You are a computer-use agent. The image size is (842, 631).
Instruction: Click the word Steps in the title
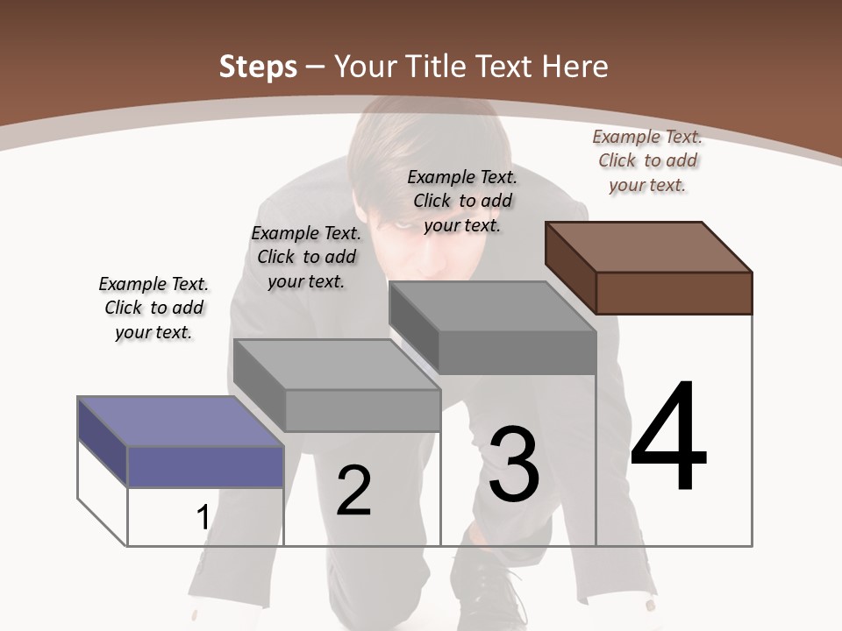(258, 67)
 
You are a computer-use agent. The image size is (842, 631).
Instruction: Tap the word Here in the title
(574, 67)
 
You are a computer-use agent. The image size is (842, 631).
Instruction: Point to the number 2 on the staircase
(354, 491)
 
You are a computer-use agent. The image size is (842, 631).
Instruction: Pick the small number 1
(203, 518)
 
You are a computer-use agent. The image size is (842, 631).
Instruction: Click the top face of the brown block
(649, 246)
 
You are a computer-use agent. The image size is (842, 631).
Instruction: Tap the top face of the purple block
(180, 421)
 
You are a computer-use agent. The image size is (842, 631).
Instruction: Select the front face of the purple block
(205, 466)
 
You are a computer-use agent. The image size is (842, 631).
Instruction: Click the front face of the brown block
(674, 293)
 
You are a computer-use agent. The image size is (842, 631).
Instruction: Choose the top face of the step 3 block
(491, 307)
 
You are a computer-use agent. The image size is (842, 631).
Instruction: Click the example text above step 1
(153, 308)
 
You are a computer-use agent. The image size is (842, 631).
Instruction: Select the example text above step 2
(305, 257)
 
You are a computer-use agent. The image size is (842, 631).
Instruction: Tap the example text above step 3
(462, 201)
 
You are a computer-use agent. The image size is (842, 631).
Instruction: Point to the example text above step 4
(647, 160)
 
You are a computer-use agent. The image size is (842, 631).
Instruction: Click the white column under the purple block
(205, 517)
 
